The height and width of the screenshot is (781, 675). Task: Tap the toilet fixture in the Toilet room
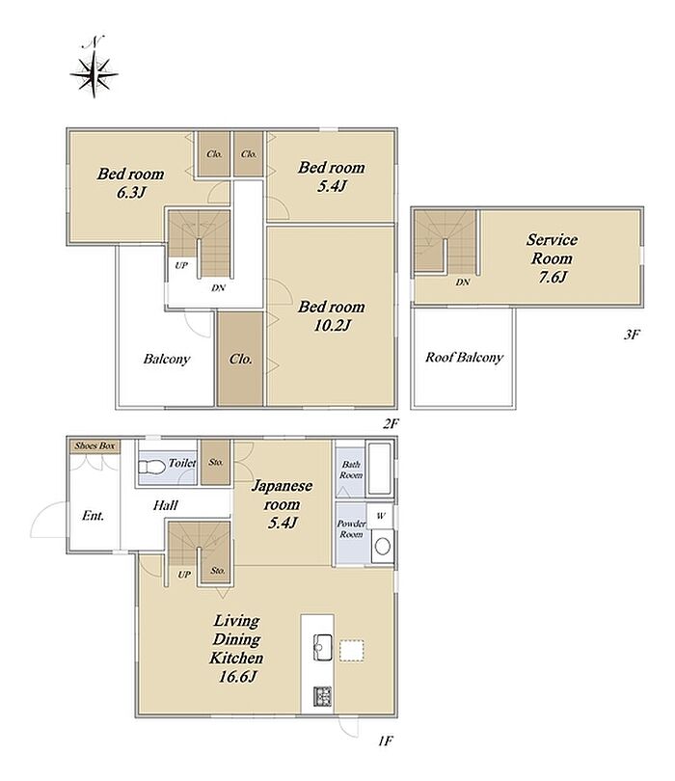pos(151,468)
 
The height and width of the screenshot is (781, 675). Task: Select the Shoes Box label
pos(94,445)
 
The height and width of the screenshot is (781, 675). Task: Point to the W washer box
pos(380,516)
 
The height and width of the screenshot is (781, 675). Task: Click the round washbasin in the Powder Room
pos(382,547)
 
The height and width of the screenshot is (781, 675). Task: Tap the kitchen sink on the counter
pos(323,648)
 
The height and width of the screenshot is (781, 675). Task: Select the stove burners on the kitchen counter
pos(323,696)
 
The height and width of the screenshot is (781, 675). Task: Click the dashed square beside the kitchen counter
pos(352,651)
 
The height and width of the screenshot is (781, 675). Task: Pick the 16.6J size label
pos(237,677)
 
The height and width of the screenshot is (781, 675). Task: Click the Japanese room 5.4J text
pos(282,503)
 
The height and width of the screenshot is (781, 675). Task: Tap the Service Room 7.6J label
pos(552,258)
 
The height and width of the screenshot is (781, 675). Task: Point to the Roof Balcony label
pos(464,357)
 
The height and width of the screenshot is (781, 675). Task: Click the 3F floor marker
pos(632,335)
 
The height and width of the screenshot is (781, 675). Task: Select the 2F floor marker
pos(391,424)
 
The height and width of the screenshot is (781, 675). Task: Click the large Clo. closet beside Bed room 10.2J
pos(240,359)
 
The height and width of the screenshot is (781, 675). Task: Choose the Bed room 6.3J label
pos(130,182)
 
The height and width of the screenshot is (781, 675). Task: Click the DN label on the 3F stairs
pos(463,283)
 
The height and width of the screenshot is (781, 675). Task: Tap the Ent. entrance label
pos(94,516)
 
